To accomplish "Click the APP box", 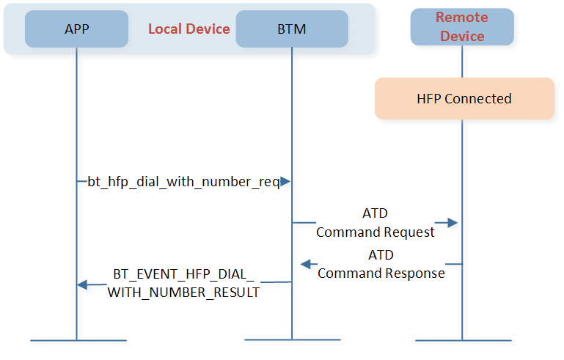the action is pos(76,29).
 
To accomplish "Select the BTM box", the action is pos(292,29).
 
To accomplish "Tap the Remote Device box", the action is pos(462,27).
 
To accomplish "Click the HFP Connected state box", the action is pos(464,98).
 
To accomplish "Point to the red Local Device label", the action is pos(188,29).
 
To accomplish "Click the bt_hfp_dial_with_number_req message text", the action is pos(184,182).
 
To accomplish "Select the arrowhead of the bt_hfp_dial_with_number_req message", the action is pos(285,182).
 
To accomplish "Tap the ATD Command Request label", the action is pos(376,223).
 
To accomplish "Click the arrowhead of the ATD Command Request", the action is pos(453,223).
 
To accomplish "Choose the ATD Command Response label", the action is pos(381,264).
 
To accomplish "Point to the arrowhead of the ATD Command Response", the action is pos(306,265).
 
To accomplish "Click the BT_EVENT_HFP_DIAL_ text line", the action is pos(183,274).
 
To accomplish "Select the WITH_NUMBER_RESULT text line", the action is pos(183,293).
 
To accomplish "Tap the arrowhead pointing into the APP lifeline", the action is pos(82,284).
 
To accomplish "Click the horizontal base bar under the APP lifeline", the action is pos(78,340).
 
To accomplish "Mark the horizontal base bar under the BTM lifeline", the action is pos(293,339).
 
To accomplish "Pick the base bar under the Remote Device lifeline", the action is pos(464,340).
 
